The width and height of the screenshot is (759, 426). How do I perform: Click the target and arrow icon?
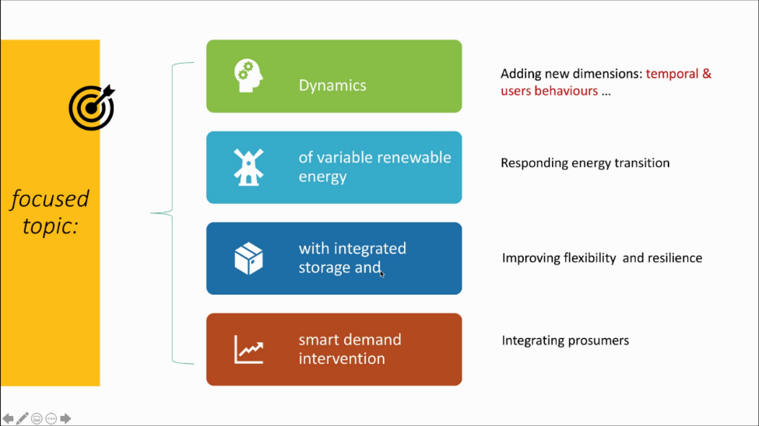91,106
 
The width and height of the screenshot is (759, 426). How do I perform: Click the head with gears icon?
248,76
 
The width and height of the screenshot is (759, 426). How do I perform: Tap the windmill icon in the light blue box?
248,166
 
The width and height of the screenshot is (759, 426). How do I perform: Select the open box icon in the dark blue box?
248,258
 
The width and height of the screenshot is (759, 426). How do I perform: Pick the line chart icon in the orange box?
248,349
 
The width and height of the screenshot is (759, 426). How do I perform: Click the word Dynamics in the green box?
332,86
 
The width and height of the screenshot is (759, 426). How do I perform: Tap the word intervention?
342,358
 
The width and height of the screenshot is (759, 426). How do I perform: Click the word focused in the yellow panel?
50,199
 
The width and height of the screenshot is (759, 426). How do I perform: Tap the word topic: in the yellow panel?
50,225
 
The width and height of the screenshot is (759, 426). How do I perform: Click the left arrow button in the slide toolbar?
8,419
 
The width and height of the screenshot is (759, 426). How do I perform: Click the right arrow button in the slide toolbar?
65,419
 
